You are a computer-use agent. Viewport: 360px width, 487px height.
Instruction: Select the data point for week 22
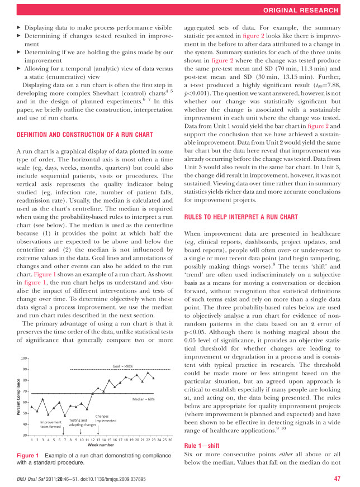click(x=148, y=373)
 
